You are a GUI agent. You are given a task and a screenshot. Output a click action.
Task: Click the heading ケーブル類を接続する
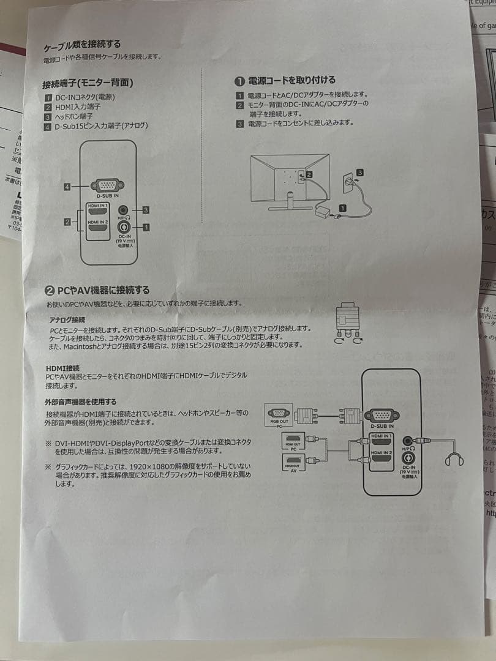point(82,45)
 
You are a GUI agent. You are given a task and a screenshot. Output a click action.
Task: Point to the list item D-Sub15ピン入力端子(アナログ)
point(101,126)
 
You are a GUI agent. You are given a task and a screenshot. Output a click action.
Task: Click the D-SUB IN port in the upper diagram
point(107,185)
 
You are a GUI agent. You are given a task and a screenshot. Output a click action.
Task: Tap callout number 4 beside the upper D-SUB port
point(67,187)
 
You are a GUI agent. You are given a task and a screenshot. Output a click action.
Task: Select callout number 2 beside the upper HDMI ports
point(67,222)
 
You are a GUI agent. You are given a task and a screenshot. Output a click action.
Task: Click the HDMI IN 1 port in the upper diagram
point(98,211)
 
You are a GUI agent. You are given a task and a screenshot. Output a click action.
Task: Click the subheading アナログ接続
point(67,320)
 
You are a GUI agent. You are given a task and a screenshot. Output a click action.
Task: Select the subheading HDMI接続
point(62,367)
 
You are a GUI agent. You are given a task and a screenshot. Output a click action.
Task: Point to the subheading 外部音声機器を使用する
point(80,402)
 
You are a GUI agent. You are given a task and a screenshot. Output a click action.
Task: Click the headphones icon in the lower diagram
point(454,458)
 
